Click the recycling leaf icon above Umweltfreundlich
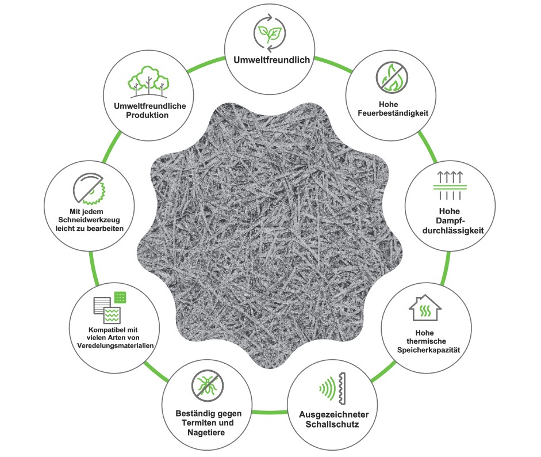click(x=270, y=33)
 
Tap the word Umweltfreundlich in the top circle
click(x=271, y=60)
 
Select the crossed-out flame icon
click(x=392, y=77)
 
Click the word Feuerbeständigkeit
click(x=393, y=113)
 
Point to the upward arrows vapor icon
click(x=450, y=185)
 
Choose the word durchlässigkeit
click(x=453, y=230)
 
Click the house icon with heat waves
click(x=425, y=308)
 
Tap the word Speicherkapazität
click(x=428, y=350)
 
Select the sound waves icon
click(x=332, y=389)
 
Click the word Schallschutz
click(x=332, y=424)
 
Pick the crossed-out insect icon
click(x=208, y=386)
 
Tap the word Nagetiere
click(x=206, y=432)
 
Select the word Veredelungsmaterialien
click(x=115, y=345)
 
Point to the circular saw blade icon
click(x=89, y=189)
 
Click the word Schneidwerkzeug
click(x=89, y=220)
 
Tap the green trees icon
click(x=148, y=82)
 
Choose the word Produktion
click(x=147, y=115)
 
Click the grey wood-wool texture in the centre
click(x=270, y=235)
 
